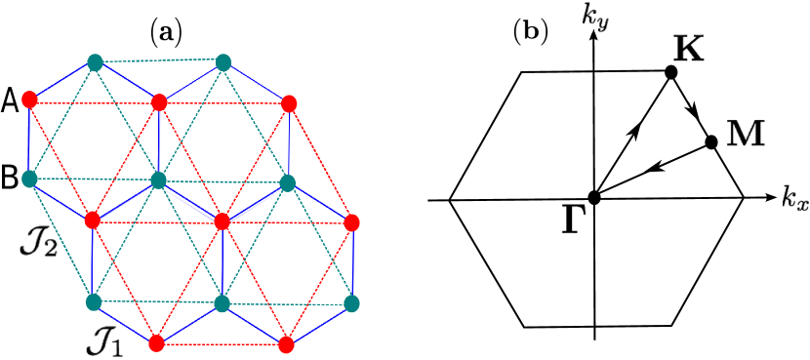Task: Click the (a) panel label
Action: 166,33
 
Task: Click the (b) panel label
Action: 531,32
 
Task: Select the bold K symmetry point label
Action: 689,48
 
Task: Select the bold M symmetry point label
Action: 746,134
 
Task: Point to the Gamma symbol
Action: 574,220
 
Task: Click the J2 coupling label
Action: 39,240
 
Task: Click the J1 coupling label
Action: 105,341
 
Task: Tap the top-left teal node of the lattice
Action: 95,62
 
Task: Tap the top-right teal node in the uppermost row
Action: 223,62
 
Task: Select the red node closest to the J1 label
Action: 156,343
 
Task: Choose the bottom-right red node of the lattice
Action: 286,344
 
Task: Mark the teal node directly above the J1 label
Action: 94,301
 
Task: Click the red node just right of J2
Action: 93,220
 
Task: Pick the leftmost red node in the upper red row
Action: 29,100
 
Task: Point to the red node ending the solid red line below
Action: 353,222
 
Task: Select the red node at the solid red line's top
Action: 289,102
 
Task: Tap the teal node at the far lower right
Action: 353,303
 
